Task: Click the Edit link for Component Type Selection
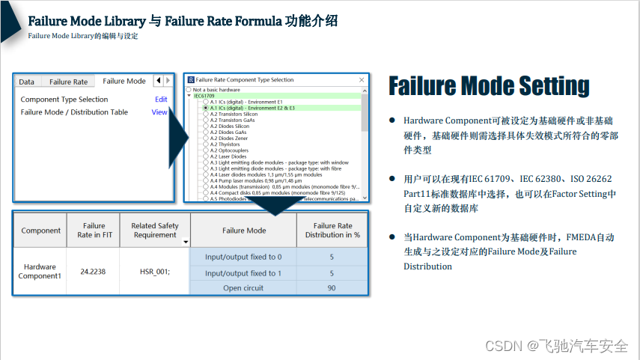161,100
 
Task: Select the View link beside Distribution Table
159,112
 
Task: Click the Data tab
26,82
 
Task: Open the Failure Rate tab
68,82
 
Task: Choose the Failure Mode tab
124,81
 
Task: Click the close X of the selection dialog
362,79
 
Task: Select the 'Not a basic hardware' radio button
189,89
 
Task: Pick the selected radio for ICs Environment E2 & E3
206,108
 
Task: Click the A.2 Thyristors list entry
225,144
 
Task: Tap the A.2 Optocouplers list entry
229,150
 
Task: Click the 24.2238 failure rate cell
94,272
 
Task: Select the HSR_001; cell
155,272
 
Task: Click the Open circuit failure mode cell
243,288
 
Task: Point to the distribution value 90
332,288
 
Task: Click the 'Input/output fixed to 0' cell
243,257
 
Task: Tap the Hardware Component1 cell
40,272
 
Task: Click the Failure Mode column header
244,231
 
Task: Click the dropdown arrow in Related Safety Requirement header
185,242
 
